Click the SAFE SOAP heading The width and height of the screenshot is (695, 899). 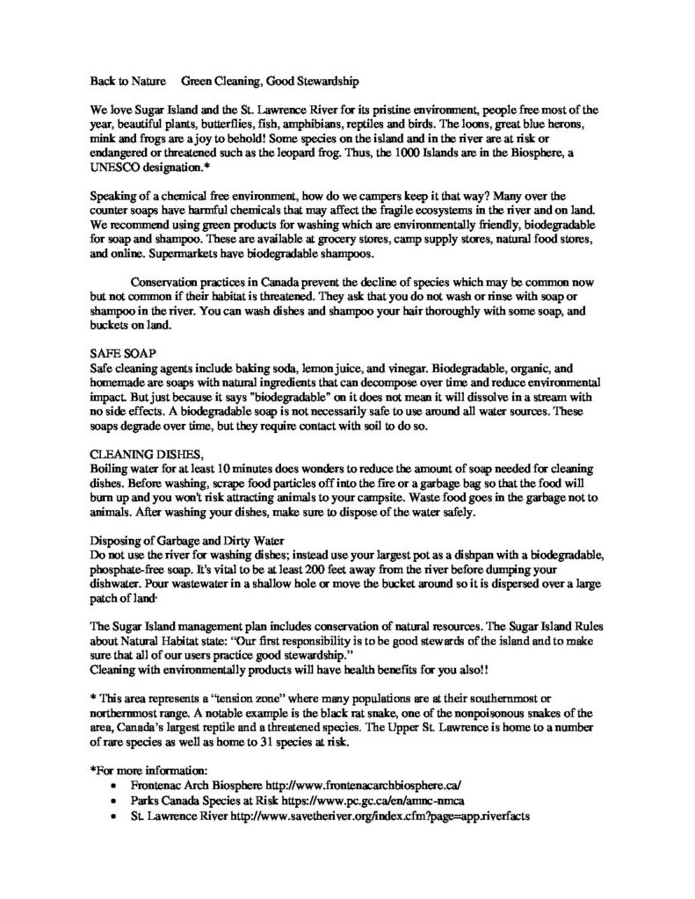pyautogui.click(x=119, y=350)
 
